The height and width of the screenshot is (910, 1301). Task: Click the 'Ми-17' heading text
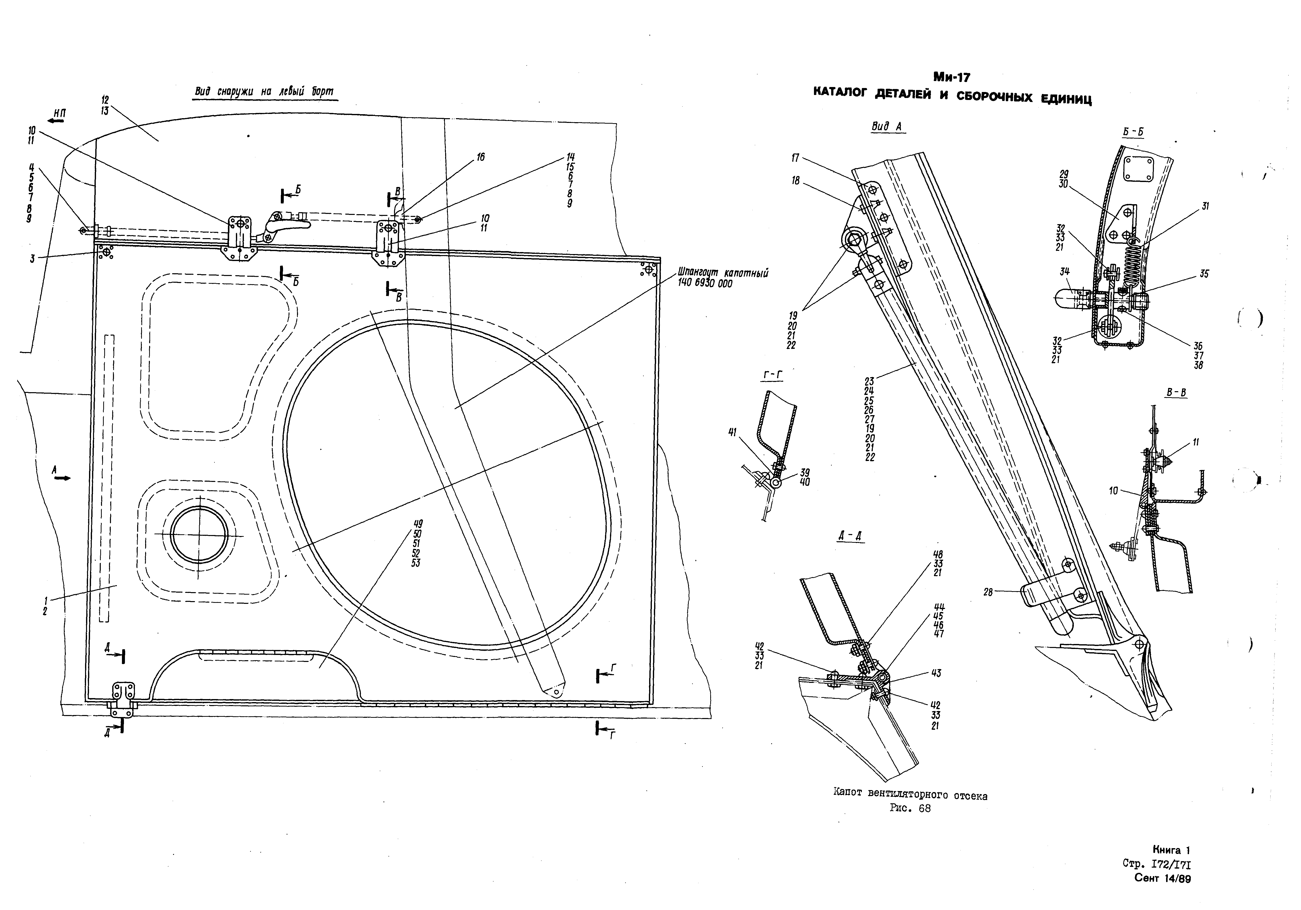pos(953,77)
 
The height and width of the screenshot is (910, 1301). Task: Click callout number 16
pos(481,157)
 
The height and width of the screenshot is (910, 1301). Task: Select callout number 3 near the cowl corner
pos(33,259)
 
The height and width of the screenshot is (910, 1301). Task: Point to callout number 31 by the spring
pos(1205,207)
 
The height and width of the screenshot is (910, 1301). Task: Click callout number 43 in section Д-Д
pos(935,673)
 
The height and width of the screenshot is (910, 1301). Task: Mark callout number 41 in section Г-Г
pos(733,432)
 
